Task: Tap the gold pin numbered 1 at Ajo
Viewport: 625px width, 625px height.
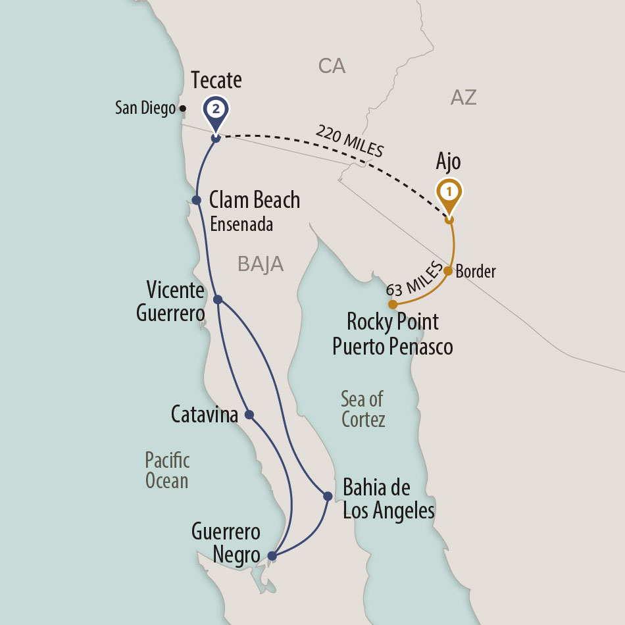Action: point(449,191)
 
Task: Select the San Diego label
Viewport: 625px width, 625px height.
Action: point(145,108)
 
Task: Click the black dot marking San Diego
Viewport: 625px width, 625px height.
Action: point(183,109)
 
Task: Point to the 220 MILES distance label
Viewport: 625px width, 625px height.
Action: point(349,141)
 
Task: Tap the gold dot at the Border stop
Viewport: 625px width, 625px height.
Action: point(448,270)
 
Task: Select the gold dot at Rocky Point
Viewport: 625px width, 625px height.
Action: point(392,305)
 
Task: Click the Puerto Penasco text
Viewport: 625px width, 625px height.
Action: point(392,346)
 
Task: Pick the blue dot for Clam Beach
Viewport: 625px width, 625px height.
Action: point(196,199)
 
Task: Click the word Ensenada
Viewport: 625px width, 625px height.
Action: point(241,224)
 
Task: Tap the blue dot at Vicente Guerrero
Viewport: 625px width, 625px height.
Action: point(218,299)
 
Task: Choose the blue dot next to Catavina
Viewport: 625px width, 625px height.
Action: point(249,414)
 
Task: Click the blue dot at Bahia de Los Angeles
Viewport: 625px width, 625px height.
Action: point(328,496)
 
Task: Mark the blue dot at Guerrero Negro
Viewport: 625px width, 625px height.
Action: point(272,557)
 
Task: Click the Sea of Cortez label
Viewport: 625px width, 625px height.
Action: point(362,409)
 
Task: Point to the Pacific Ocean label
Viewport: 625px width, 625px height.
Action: point(167,470)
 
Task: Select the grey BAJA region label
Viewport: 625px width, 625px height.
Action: point(261,264)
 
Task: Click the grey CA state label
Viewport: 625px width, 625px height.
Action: point(332,66)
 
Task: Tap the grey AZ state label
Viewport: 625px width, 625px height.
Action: point(463,98)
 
